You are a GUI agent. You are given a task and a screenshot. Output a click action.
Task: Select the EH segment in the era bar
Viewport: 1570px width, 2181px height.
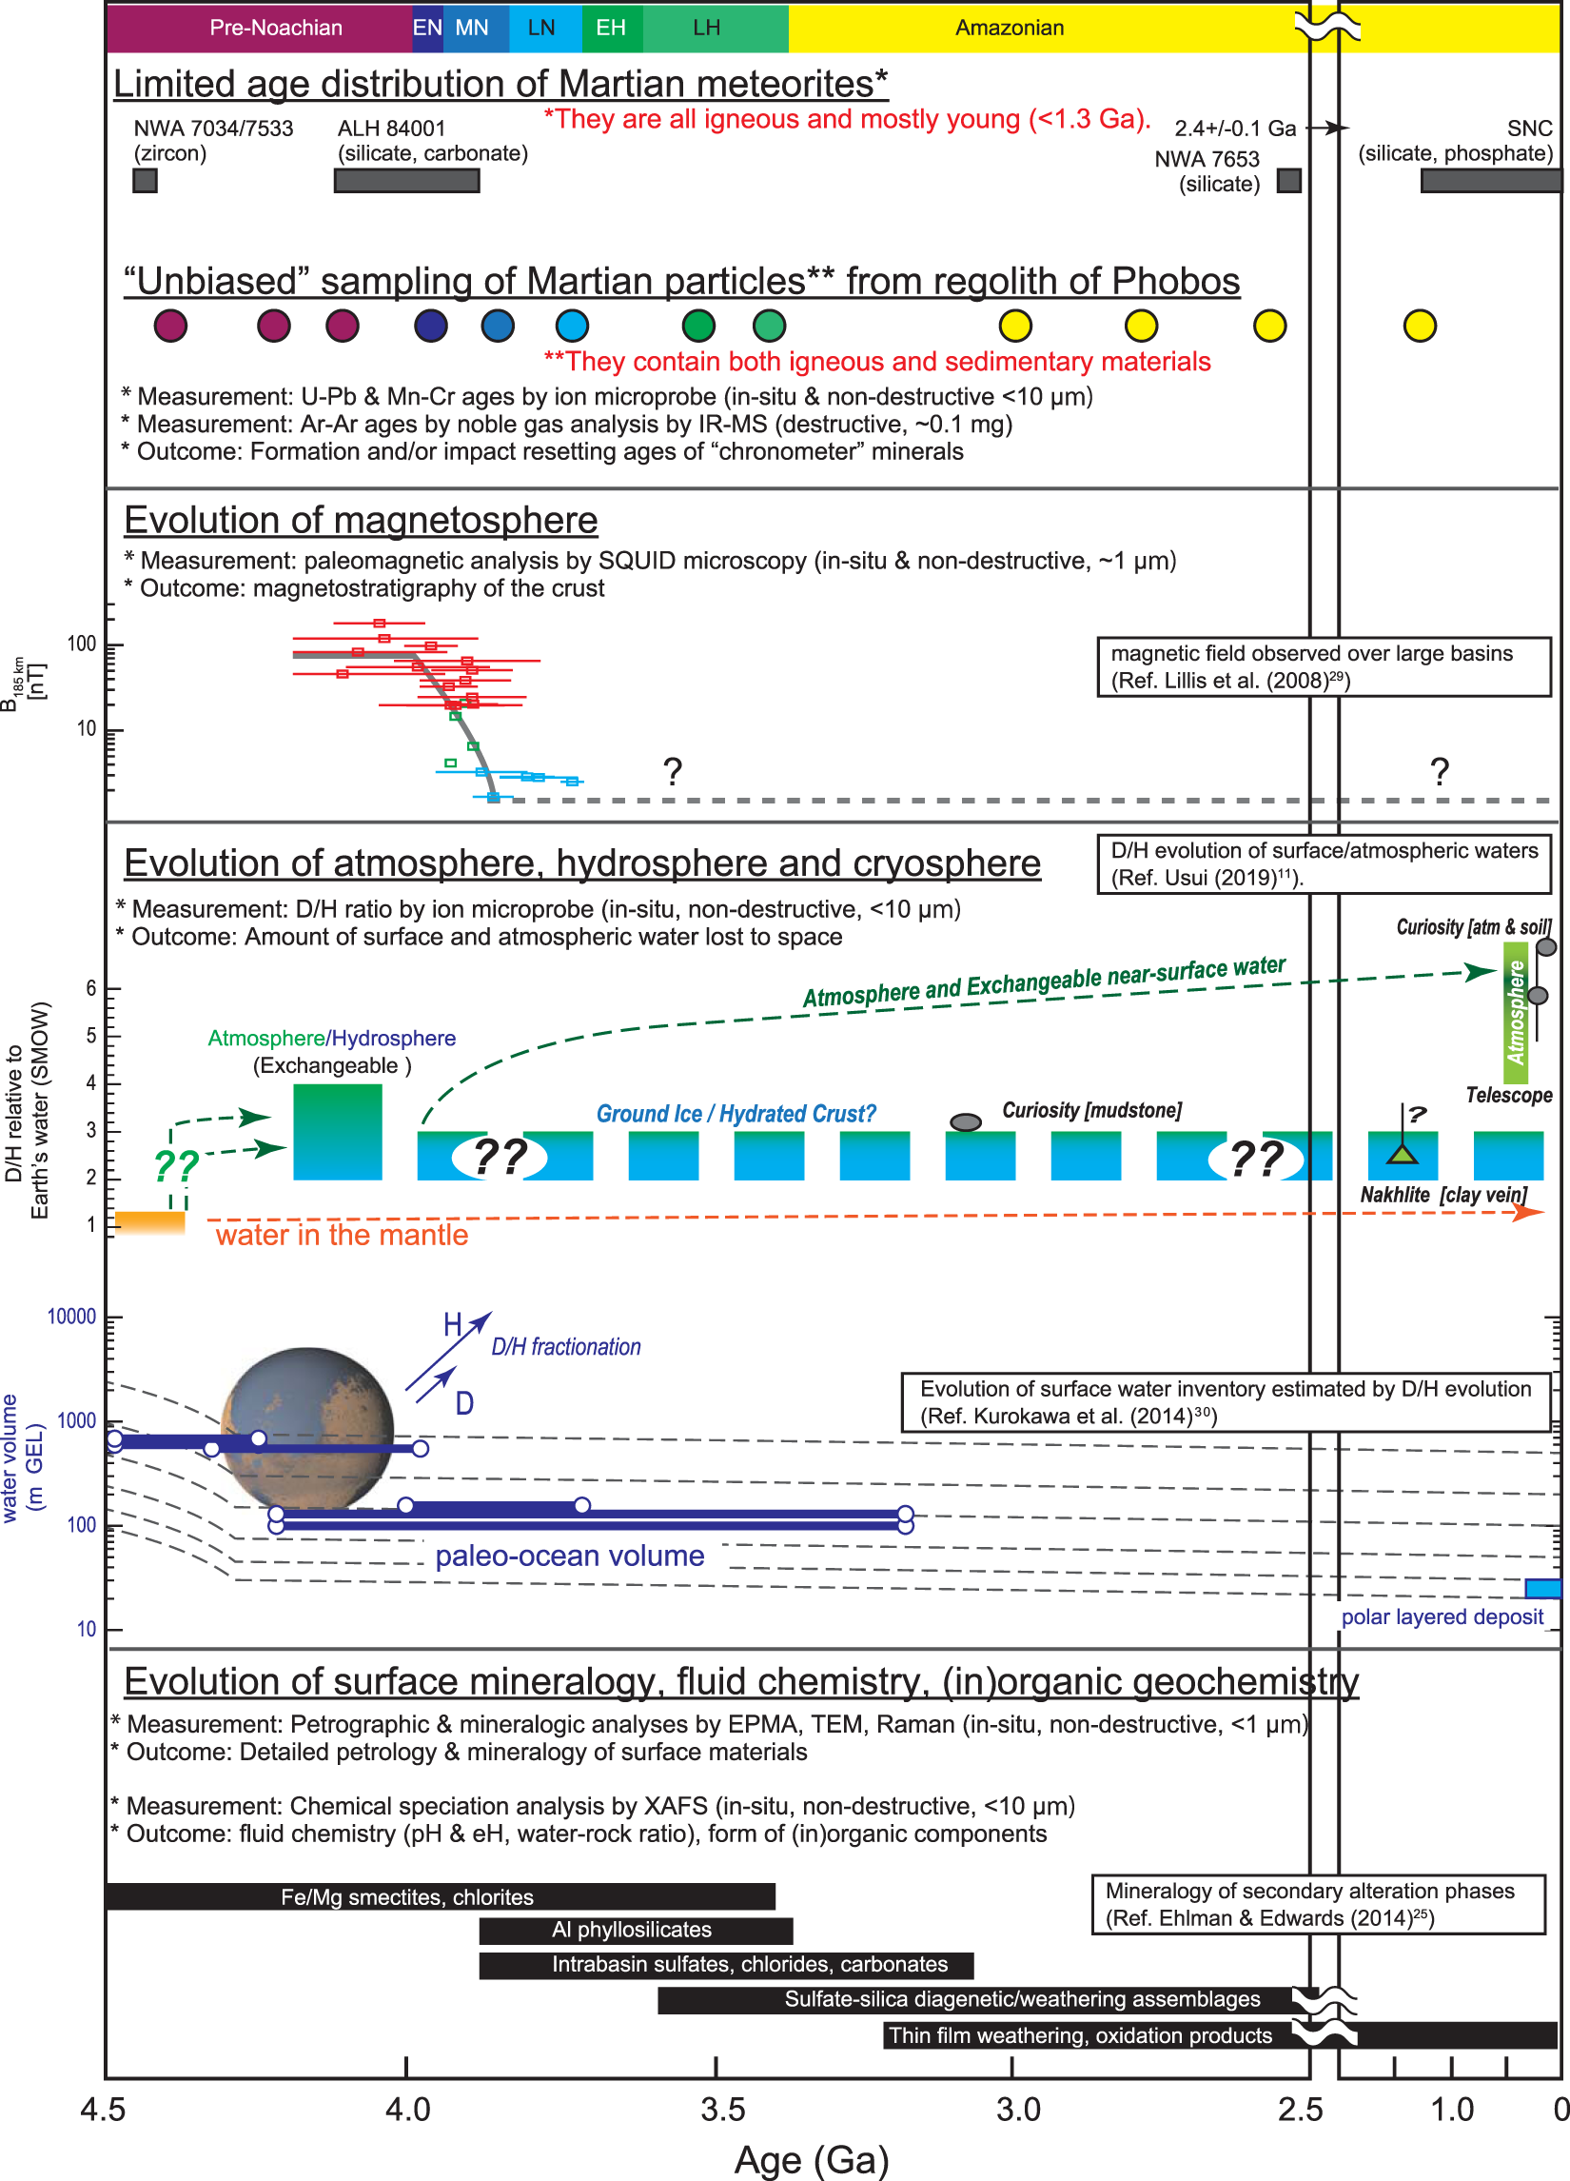612,27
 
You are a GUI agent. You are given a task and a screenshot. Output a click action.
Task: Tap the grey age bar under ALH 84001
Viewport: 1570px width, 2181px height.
406,181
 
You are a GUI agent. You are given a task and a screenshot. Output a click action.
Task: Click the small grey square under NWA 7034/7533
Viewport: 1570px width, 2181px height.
146,181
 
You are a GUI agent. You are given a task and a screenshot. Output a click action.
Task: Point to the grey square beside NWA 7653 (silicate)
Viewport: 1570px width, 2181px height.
1288,181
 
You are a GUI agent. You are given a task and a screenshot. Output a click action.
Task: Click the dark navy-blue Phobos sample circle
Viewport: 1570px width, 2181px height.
431,326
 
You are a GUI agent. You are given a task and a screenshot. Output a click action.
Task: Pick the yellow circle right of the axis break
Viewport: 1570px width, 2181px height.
1419,326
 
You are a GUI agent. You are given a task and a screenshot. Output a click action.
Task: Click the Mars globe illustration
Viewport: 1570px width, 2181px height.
307,1428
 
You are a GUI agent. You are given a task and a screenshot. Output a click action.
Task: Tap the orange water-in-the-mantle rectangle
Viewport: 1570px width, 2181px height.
150,1222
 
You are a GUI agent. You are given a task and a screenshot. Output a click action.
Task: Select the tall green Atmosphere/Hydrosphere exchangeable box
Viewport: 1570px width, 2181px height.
338,1132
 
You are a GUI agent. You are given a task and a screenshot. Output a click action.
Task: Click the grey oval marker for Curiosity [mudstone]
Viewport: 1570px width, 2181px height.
965,1122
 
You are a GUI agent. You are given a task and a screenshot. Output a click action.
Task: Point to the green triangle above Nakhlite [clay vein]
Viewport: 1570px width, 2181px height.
1402,1154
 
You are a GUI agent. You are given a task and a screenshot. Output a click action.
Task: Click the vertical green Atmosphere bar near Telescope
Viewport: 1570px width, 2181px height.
1515,1013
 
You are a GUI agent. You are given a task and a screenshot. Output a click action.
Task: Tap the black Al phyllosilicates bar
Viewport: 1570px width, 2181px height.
636,1930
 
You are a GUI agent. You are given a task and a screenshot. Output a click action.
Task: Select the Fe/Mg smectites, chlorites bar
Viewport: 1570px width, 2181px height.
441,1897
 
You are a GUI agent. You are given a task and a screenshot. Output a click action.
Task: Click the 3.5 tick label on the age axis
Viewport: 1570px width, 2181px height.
722,2109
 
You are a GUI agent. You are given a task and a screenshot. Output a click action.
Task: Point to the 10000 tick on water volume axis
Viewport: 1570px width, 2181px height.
72,1317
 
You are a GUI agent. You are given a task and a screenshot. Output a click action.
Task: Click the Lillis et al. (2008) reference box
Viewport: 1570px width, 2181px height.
1323,666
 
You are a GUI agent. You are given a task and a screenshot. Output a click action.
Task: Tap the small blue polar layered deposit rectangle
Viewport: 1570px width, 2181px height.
1542,1588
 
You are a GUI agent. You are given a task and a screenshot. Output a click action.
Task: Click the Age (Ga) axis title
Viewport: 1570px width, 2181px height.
812,2160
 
